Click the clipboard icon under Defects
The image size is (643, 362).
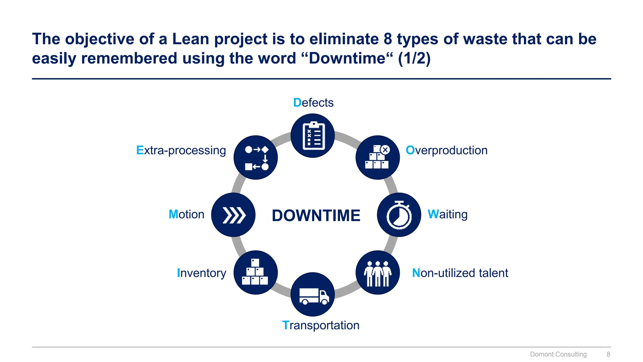point(313,136)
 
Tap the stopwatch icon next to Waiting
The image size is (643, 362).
point(399,215)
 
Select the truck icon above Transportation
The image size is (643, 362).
point(313,295)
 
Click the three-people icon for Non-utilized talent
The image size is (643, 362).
point(378,273)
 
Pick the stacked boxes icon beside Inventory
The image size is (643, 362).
point(256,272)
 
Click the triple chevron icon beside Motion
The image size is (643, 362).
point(233,215)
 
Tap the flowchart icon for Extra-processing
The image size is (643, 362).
point(256,158)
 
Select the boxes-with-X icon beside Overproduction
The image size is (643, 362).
point(378,157)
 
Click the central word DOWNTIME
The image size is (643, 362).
point(316,216)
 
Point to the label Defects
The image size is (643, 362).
point(313,103)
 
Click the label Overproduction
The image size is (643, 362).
point(446,151)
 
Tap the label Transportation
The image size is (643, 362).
point(321,325)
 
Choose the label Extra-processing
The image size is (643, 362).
point(181,151)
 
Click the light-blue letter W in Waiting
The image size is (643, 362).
point(433,214)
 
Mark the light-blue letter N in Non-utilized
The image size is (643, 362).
point(416,273)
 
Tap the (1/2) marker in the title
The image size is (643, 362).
point(414,58)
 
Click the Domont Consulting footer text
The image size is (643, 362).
point(558,354)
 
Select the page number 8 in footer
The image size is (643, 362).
point(608,354)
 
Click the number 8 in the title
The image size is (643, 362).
point(387,39)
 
